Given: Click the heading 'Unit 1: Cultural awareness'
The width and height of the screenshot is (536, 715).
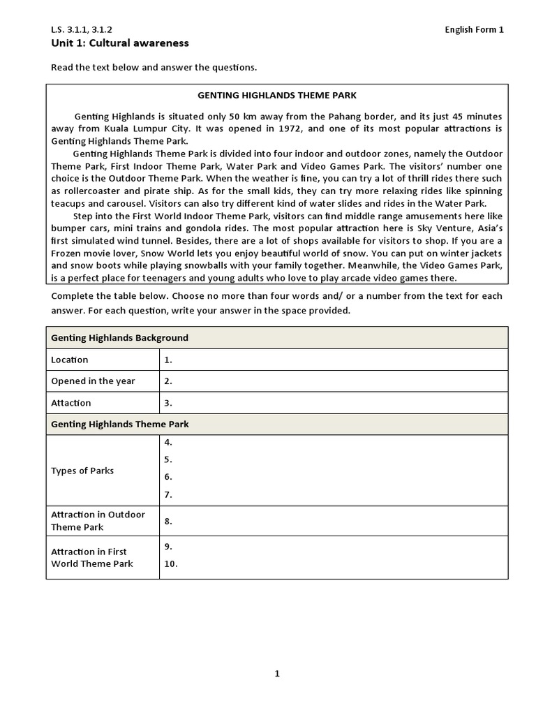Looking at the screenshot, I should click(119, 43).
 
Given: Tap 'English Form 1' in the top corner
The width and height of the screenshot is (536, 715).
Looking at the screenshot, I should click(475, 29).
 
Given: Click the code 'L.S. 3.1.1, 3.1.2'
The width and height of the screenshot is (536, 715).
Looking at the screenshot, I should click(81, 29).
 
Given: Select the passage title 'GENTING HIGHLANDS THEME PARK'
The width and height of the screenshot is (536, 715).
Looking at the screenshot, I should click(277, 95).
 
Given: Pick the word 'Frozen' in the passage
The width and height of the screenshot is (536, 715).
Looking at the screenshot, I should click(68, 253).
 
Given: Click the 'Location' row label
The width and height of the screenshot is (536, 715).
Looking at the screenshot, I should click(70, 360).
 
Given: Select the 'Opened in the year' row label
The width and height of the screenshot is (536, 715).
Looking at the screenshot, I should click(93, 381).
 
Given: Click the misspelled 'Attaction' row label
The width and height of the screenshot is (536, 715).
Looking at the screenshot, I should click(71, 403).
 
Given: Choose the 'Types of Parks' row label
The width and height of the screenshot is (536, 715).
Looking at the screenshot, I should click(82, 471).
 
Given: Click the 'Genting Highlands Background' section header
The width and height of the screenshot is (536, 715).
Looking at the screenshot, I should click(119, 338).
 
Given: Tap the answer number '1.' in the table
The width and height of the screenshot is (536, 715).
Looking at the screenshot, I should click(168, 360).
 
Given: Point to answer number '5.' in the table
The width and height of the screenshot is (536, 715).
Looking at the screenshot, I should click(168, 460).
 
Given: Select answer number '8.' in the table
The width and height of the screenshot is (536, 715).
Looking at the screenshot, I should click(168, 521).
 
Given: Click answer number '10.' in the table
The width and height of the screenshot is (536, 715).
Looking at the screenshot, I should click(171, 564).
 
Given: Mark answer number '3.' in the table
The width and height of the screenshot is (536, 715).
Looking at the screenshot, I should click(168, 403).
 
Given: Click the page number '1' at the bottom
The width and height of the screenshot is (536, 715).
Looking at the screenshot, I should click(277, 674).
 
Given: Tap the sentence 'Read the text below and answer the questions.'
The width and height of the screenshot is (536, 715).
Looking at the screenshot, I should click(154, 68).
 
